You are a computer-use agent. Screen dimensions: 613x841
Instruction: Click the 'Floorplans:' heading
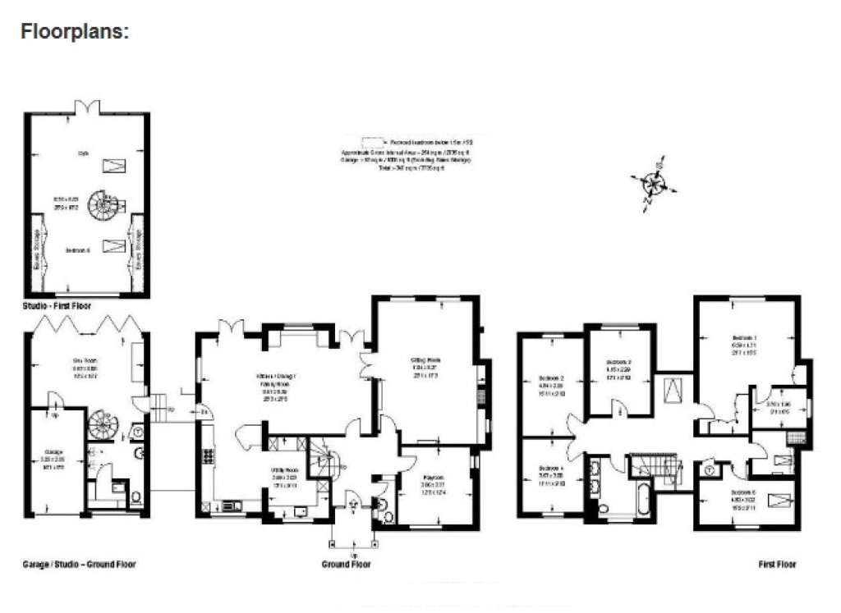75,33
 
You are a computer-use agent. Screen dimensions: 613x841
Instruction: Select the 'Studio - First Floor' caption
57,305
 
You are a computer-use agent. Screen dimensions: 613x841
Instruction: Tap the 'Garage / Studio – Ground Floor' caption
79,564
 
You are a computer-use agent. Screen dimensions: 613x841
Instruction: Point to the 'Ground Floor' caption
346,564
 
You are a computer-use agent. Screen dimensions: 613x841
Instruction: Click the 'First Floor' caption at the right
777,564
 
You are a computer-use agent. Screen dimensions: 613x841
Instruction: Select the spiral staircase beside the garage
103,425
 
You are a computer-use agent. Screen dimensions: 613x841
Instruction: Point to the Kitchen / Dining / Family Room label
275,379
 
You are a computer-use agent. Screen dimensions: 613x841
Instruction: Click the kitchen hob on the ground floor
208,456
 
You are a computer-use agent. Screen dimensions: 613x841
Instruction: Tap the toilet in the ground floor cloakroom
387,515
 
